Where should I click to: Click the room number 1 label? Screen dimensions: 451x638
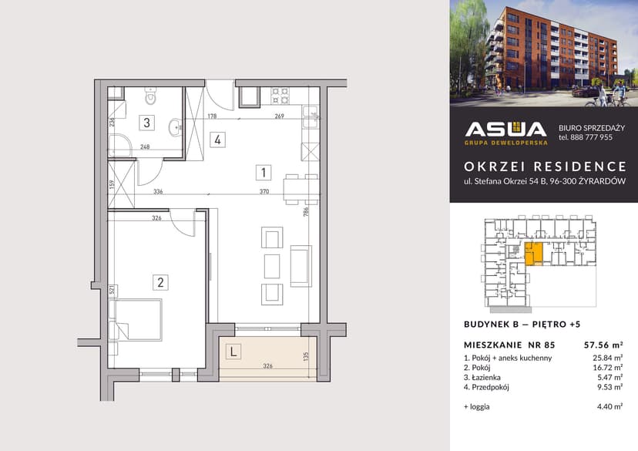[264, 173]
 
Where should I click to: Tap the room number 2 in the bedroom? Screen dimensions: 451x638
[160, 282]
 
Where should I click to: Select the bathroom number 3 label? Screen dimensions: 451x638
[145, 121]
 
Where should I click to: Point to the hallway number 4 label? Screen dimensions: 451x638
[219, 140]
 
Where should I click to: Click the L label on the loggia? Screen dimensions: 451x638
[232, 352]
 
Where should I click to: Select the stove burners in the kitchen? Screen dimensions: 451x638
[280, 96]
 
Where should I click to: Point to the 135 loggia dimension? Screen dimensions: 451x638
[306, 356]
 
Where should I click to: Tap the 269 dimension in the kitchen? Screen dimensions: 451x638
[280, 116]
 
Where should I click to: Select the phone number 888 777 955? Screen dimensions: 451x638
[586, 138]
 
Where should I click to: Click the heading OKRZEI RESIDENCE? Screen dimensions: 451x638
[544, 167]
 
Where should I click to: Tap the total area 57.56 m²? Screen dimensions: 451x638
[603, 345]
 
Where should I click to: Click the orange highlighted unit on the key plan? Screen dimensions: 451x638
[532, 253]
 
